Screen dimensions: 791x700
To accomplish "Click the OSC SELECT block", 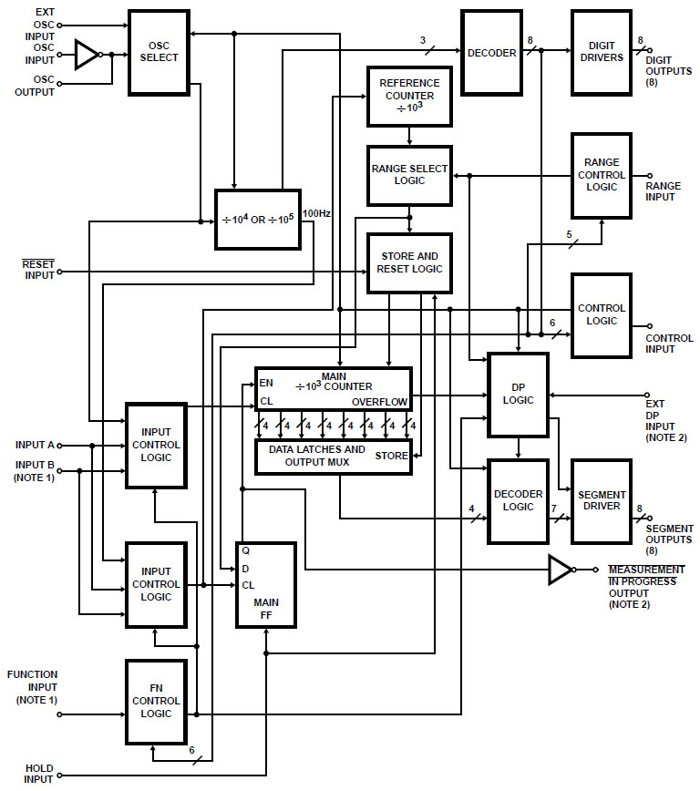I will click(159, 52).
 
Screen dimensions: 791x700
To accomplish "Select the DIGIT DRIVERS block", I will click(601, 52).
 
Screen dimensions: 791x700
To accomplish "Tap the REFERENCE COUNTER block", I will click(409, 96).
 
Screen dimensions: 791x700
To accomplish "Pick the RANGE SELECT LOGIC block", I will click(409, 175).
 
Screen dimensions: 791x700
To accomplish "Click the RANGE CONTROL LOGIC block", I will click(601, 175).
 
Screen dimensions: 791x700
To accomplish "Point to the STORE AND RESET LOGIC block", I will click(409, 262).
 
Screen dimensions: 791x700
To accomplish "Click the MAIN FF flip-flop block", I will click(266, 584).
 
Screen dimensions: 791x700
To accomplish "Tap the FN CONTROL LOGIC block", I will click(156, 702).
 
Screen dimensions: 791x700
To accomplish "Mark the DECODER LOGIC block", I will click(518, 500).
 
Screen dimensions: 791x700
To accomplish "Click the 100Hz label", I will click(316, 213).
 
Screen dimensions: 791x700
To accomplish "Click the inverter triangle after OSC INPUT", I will click(87, 54).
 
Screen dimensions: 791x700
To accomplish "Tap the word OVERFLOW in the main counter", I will click(379, 401).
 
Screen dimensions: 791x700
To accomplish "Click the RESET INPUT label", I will click(38, 270).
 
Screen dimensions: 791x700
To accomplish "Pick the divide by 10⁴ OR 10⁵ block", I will click(256, 220).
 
